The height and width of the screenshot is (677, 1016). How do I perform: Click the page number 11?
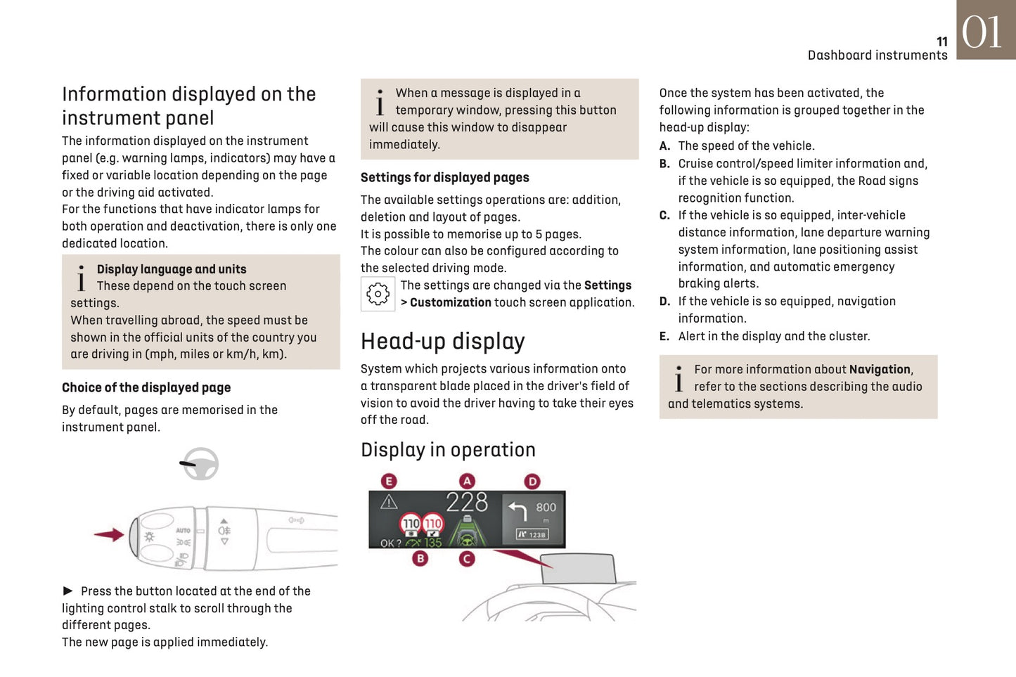click(x=941, y=41)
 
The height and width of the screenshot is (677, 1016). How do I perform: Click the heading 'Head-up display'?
click(x=442, y=341)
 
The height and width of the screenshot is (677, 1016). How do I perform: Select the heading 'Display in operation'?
click(x=448, y=450)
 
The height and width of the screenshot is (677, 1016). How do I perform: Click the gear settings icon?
click(x=378, y=294)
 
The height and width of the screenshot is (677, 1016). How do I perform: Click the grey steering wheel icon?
click(x=200, y=464)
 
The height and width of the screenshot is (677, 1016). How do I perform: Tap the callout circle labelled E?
click(x=389, y=481)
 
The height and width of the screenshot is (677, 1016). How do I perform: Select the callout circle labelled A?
click(x=467, y=481)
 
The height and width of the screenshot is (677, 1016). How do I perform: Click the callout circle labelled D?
click(x=532, y=481)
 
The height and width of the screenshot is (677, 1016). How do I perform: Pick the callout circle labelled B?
click(x=420, y=559)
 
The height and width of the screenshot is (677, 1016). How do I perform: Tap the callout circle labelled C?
click(x=467, y=559)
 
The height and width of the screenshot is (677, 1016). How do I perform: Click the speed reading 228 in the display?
click(x=467, y=502)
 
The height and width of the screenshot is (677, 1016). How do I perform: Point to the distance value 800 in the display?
click(x=546, y=508)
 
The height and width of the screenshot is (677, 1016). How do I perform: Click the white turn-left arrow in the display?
click(x=517, y=510)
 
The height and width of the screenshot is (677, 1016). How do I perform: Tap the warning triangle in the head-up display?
click(x=389, y=502)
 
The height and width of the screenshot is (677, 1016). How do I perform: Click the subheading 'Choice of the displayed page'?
click(x=146, y=387)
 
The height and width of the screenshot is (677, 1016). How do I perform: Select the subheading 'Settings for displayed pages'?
click(x=444, y=178)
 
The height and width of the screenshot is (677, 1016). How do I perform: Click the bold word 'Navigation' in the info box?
click(x=879, y=369)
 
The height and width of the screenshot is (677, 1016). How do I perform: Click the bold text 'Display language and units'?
click(x=172, y=269)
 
